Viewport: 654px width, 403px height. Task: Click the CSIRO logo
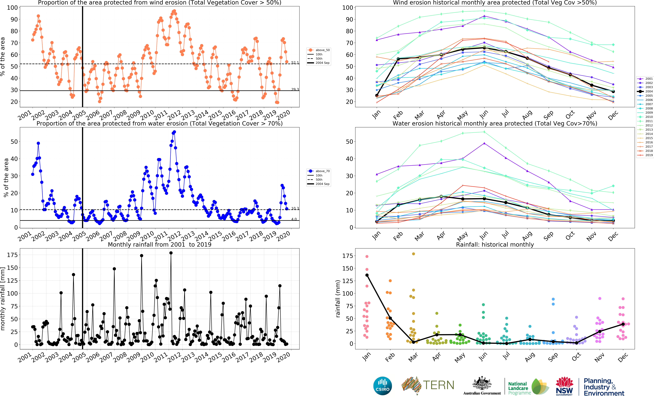tap(383, 386)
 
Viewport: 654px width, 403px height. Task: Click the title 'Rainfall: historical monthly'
tap(495, 245)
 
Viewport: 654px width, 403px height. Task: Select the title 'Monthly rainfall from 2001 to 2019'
tap(159, 245)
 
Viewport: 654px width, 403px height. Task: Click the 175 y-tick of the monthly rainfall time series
tap(12, 255)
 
